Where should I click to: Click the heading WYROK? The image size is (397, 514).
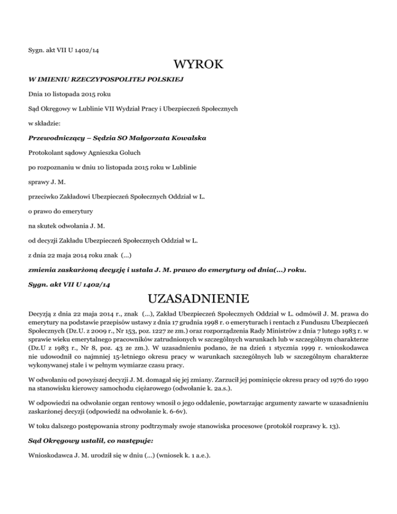(198, 65)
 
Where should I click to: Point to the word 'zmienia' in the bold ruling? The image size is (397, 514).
(42, 269)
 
